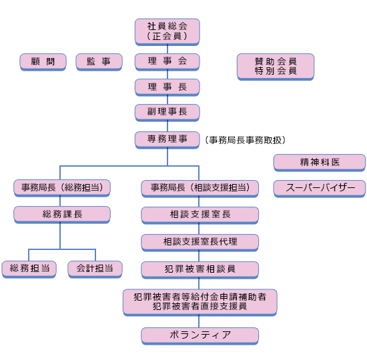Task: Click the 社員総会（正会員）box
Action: pyautogui.click(x=167, y=32)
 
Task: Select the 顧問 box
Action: pyautogui.click(x=43, y=62)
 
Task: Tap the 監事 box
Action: pyautogui.click(x=99, y=62)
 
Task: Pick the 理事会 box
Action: pyautogui.click(x=167, y=62)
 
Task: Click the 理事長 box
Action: pyautogui.click(x=167, y=87)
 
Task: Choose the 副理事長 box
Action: pyautogui.click(x=167, y=113)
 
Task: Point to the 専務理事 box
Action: pyautogui.click(x=167, y=140)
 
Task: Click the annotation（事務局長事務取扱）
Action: pyautogui.click(x=245, y=140)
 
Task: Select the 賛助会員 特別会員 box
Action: pyautogui.click(x=276, y=67)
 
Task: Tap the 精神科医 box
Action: pyautogui.click(x=320, y=163)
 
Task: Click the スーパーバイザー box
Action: pyautogui.click(x=320, y=189)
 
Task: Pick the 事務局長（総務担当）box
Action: pyautogui.click(x=62, y=188)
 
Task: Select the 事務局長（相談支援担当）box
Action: pyautogui.click(x=200, y=189)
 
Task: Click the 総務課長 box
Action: pyautogui.click(x=62, y=215)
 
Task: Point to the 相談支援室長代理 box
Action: pyautogui.click(x=200, y=243)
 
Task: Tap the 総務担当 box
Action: pyautogui.click(x=29, y=269)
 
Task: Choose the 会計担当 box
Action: pyautogui.click(x=95, y=269)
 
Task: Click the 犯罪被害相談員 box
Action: pyautogui.click(x=200, y=270)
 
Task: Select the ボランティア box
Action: pyautogui.click(x=200, y=336)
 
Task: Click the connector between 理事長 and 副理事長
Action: pyautogui.click(x=167, y=100)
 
